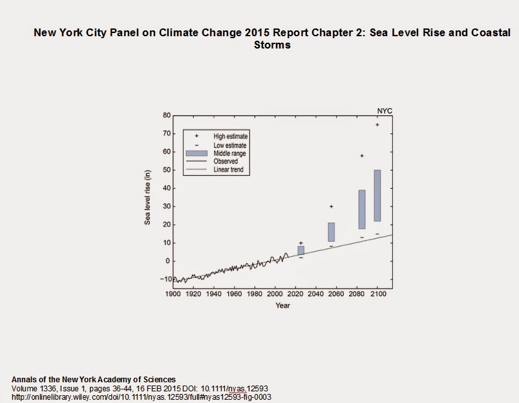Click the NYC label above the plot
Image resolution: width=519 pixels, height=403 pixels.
coord(385,111)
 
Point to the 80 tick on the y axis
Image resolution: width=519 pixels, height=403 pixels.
coord(166,116)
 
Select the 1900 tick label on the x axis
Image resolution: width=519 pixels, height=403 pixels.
coord(173,294)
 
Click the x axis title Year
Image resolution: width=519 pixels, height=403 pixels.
coord(282,305)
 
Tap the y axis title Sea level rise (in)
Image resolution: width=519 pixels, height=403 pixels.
coord(147,198)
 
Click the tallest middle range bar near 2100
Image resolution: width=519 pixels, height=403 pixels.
coord(377,195)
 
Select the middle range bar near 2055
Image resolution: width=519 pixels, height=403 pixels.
coord(332,232)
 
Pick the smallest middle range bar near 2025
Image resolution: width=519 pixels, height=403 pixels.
coord(301,250)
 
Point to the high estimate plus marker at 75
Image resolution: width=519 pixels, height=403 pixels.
coord(377,125)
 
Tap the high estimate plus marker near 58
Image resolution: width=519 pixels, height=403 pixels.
coord(362,156)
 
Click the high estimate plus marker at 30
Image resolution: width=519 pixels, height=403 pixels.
coord(332,207)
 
